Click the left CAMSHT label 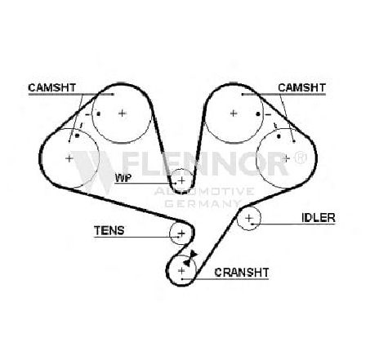click(x=51, y=87)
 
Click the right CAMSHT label click(x=301, y=87)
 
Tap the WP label click(x=123, y=178)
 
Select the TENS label click(x=109, y=230)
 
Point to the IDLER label click(x=319, y=217)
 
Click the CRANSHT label click(x=242, y=273)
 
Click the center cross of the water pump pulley click(x=181, y=180)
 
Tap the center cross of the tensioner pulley click(x=181, y=233)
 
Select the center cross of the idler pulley click(x=249, y=218)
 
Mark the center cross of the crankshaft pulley click(x=181, y=270)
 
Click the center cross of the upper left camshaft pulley click(x=123, y=113)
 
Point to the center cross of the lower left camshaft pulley click(x=69, y=158)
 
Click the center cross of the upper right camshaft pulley click(x=234, y=113)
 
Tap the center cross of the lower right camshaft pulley click(x=286, y=158)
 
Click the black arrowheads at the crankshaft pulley click(x=190, y=258)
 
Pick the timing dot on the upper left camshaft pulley click(x=99, y=113)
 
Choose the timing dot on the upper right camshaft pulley click(x=258, y=114)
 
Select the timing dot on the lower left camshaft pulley click(x=77, y=136)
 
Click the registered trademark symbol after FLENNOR click(x=301, y=158)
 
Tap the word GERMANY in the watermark click(x=203, y=203)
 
